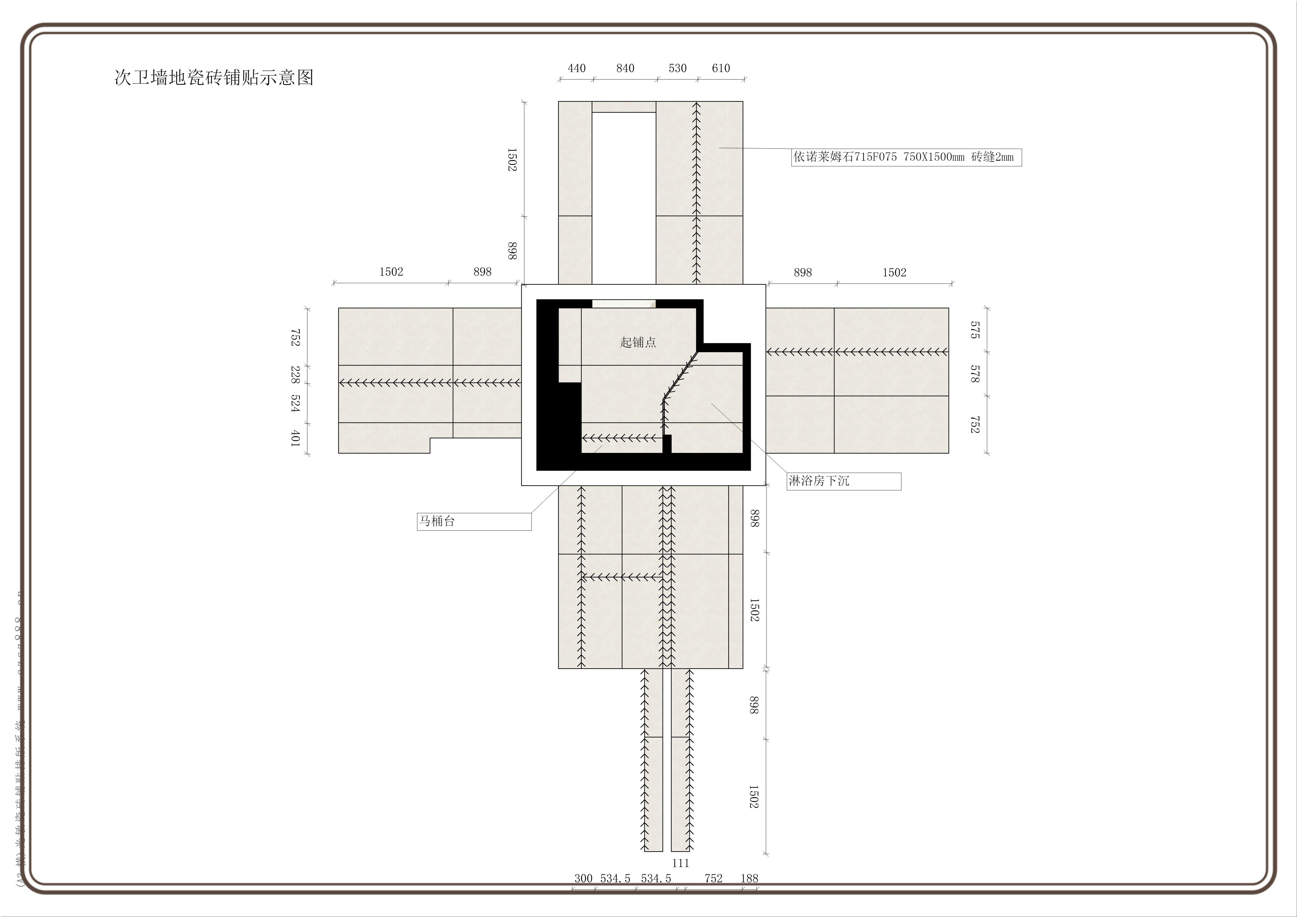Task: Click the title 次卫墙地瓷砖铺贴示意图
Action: pyautogui.click(x=213, y=77)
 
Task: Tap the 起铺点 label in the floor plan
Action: pyautogui.click(x=638, y=343)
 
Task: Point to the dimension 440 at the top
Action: pyautogui.click(x=576, y=68)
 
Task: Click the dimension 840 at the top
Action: pyautogui.click(x=625, y=68)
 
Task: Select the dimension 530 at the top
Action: pyautogui.click(x=677, y=68)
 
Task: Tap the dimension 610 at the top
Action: pyautogui.click(x=721, y=68)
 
